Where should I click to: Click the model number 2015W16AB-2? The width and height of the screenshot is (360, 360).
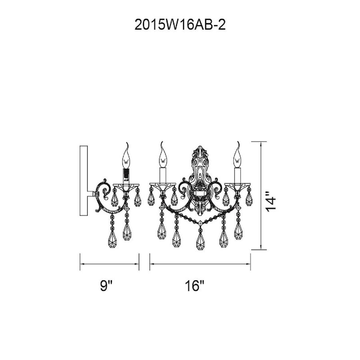pyautogui.click(x=180, y=25)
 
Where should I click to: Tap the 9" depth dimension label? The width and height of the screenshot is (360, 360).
pyautogui.click(x=106, y=286)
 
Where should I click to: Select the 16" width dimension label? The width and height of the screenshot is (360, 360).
pyautogui.click(x=194, y=286)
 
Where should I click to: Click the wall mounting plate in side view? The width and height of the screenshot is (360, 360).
pyautogui.click(x=84, y=180)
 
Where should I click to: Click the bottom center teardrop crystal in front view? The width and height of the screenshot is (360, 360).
pyautogui.click(x=201, y=241)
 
